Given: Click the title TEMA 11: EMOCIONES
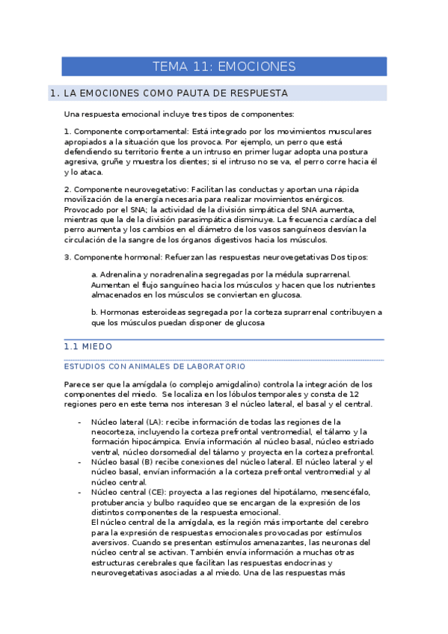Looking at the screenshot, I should point(224,67).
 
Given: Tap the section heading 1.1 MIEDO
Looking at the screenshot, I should point(88,348).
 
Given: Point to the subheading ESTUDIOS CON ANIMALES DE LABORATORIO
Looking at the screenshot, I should point(155,366).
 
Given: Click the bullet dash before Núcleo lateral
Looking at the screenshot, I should point(79,422).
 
